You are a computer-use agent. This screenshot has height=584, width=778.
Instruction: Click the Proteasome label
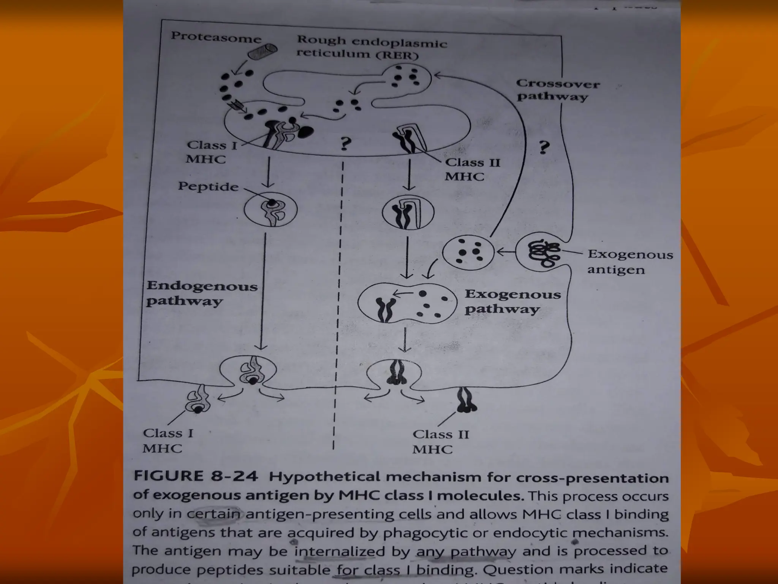(x=216, y=37)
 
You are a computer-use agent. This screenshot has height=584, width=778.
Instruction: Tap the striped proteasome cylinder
(x=262, y=51)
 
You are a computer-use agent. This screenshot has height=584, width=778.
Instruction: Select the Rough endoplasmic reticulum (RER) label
(x=372, y=47)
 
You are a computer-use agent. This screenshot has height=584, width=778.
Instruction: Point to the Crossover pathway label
(x=557, y=90)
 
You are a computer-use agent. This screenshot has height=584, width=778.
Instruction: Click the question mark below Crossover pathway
(x=544, y=148)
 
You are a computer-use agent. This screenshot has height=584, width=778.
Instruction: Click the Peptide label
(x=208, y=186)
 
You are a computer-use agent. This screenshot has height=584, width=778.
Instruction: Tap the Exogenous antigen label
(x=629, y=262)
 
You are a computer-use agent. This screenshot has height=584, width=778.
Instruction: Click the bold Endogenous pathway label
(x=202, y=294)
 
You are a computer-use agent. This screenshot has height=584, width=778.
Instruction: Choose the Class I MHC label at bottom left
(x=168, y=441)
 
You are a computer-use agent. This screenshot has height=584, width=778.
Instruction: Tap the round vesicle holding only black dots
(x=468, y=252)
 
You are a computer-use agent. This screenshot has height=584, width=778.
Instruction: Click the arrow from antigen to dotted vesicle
(x=505, y=251)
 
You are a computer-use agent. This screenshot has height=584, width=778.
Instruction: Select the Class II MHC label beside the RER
(x=472, y=169)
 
